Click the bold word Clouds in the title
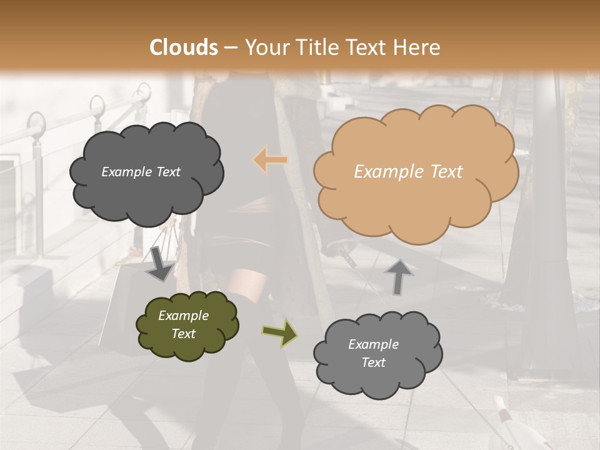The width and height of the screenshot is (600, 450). pos(184,47)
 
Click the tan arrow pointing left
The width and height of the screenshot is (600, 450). pos(270,160)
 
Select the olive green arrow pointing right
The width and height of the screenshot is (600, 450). pos(279,332)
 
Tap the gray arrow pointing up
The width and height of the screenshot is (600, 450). pos(399,276)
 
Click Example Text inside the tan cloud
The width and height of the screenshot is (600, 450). pos(408,172)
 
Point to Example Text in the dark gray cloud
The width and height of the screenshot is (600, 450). pos(141,172)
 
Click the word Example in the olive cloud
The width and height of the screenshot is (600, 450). pos(183,316)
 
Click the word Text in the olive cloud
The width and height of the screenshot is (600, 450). pos(183,334)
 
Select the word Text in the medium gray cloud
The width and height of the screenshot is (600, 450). pos(373,362)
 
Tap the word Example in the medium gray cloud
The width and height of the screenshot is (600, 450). pos(373,344)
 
